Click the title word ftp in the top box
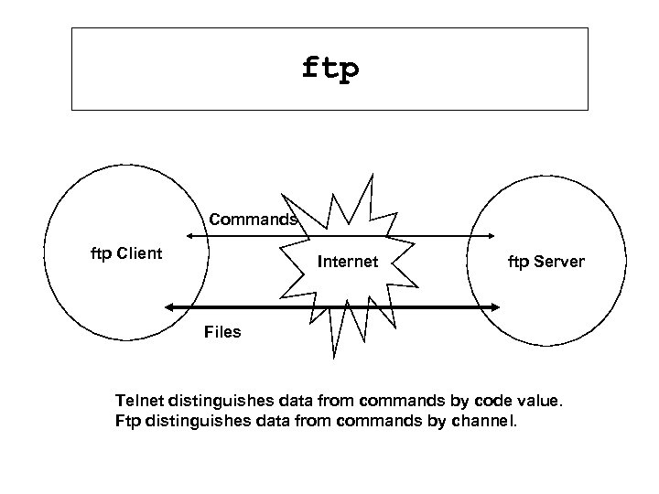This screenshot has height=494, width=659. point(329,70)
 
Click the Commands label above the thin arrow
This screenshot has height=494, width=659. point(253,220)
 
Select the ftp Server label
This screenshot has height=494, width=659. point(546,262)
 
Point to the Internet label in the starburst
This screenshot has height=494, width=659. point(347,262)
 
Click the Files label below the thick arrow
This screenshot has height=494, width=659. point(222,331)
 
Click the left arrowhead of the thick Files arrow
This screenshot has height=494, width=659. point(169,306)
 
